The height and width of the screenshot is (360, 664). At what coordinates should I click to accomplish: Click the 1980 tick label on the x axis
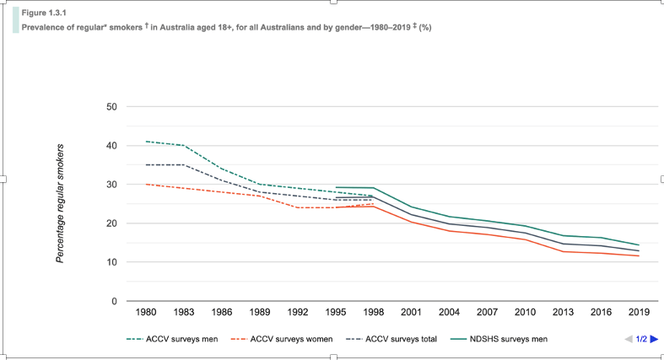pos(146,312)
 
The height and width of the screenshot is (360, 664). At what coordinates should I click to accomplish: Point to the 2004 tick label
pos(448,312)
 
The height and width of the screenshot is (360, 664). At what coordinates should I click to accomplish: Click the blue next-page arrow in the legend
pos(653,339)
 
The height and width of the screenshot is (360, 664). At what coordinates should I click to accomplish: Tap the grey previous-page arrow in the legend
pos(629,339)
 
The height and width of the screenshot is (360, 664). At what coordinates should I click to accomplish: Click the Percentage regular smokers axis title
pos(60,203)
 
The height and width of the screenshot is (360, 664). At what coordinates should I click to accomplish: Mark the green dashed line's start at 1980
pos(146,142)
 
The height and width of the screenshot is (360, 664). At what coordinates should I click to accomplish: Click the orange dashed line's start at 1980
pos(146,184)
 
